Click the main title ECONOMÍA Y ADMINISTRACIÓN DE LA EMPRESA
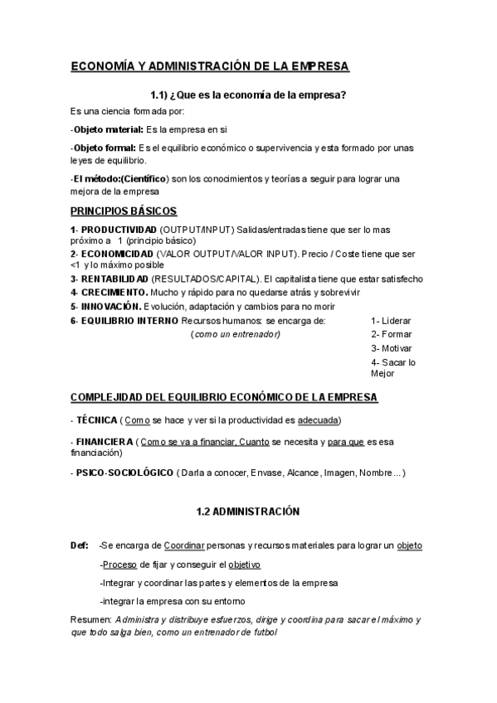pyautogui.click(x=210, y=65)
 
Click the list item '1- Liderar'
pyautogui.click(x=392, y=320)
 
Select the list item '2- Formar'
pyautogui.click(x=392, y=334)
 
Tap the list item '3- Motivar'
pyautogui.click(x=392, y=348)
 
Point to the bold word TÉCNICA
pyautogui.click(x=96, y=420)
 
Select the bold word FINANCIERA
pyautogui.click(x=104, y=442)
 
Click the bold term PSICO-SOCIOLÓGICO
pyautogui.click(x=124, y=473)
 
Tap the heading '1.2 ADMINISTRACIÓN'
pyautogui.click(x=248, y=512)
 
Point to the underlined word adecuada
pyautogui.click(x=318, y=420)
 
